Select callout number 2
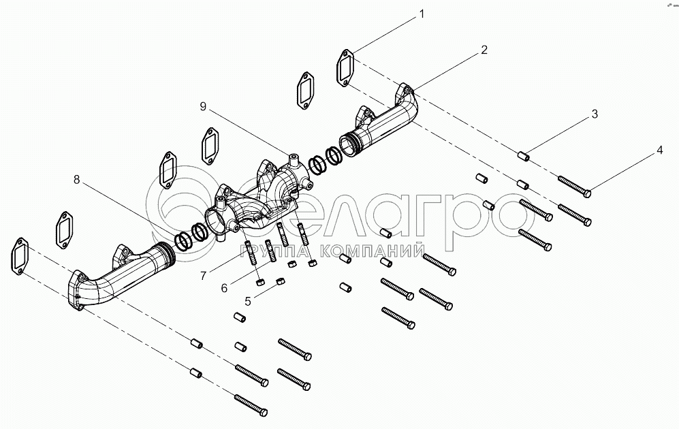(x=484, y=50)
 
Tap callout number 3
(x=595, y=114)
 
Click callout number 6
(x=223, y=288)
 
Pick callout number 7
(x=203, y=275)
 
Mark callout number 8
(x=77, y=180)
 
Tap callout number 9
(x=203, y=107)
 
